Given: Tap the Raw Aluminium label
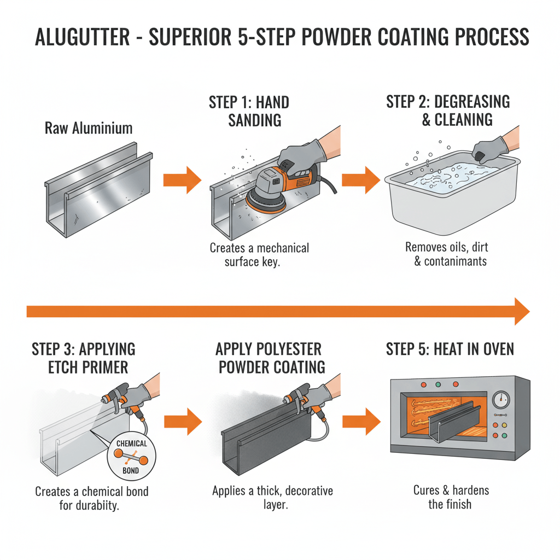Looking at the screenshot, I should tap(88, 129).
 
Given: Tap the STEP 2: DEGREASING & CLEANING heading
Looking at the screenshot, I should tap(448, 110).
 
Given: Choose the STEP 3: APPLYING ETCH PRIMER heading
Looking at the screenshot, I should tap(84, 358).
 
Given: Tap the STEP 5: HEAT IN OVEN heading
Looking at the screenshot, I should tap(450, 349).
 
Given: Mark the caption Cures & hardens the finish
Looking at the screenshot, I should tap(451, 497).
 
